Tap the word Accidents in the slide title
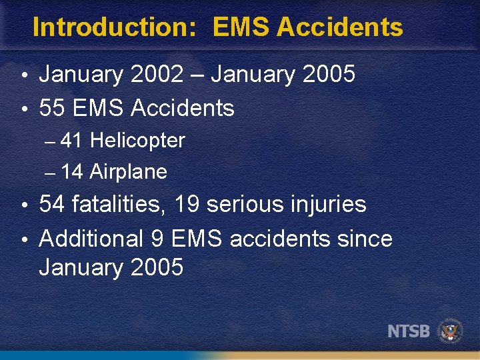[339, 27]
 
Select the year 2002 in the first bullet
[157, 75]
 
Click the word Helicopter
[137, 141]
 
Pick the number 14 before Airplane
[72, 172]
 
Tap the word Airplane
[128, 172]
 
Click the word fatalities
[119, 204]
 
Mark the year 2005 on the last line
[157, 267]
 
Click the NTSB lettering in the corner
[409, 331]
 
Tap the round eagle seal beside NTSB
[451, 331]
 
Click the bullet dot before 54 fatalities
[24, 205]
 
